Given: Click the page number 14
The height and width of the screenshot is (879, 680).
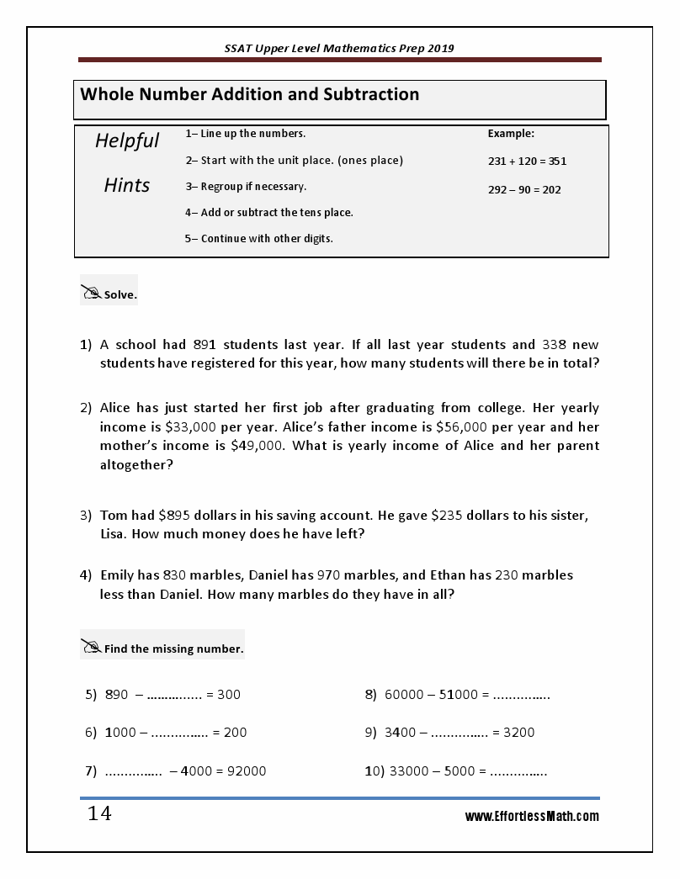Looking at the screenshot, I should tap(99, 814).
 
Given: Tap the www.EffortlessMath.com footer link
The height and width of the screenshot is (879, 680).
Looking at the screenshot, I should tap(532, 816).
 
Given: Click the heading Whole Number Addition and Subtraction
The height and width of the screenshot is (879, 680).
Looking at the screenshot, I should tap(249, 94).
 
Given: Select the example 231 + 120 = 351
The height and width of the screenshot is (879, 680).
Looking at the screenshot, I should tap(527, 161).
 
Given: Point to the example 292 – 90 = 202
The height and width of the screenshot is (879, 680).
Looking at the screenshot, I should tap(524, 189).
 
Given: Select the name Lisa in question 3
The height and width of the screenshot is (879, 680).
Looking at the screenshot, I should tap(114, 534).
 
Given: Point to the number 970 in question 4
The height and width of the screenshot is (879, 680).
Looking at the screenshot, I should tap(329, 575).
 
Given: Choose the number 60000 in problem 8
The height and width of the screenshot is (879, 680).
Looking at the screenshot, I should tap(405, 695).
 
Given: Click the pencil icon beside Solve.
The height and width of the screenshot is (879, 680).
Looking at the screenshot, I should tap(91, 293).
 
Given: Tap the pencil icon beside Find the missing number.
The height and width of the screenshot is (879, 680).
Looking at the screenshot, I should tap(91, 647).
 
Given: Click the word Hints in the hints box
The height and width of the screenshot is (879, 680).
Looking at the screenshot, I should tap(127, 185).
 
